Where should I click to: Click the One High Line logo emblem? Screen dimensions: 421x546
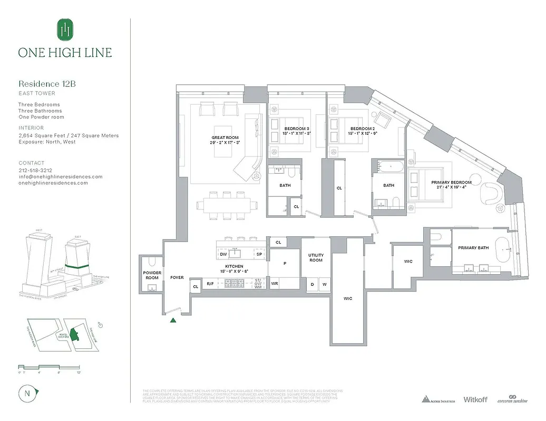[x=65, y=29]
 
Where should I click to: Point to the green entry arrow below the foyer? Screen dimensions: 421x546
[x=173, y=319]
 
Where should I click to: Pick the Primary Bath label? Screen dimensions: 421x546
[x=473, y=248]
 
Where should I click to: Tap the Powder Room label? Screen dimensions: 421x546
[x=152, y=275]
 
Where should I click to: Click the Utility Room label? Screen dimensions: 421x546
[x=316, y=257]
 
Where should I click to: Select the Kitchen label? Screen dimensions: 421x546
[x=234, y=267]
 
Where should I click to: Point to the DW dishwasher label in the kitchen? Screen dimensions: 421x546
[x=223, y=254]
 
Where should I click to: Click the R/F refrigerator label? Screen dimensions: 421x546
[x=210, y=284]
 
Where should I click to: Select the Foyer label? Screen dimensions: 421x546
[x=177, y=277]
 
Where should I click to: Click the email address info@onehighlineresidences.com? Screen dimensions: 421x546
[x=61, y=177]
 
